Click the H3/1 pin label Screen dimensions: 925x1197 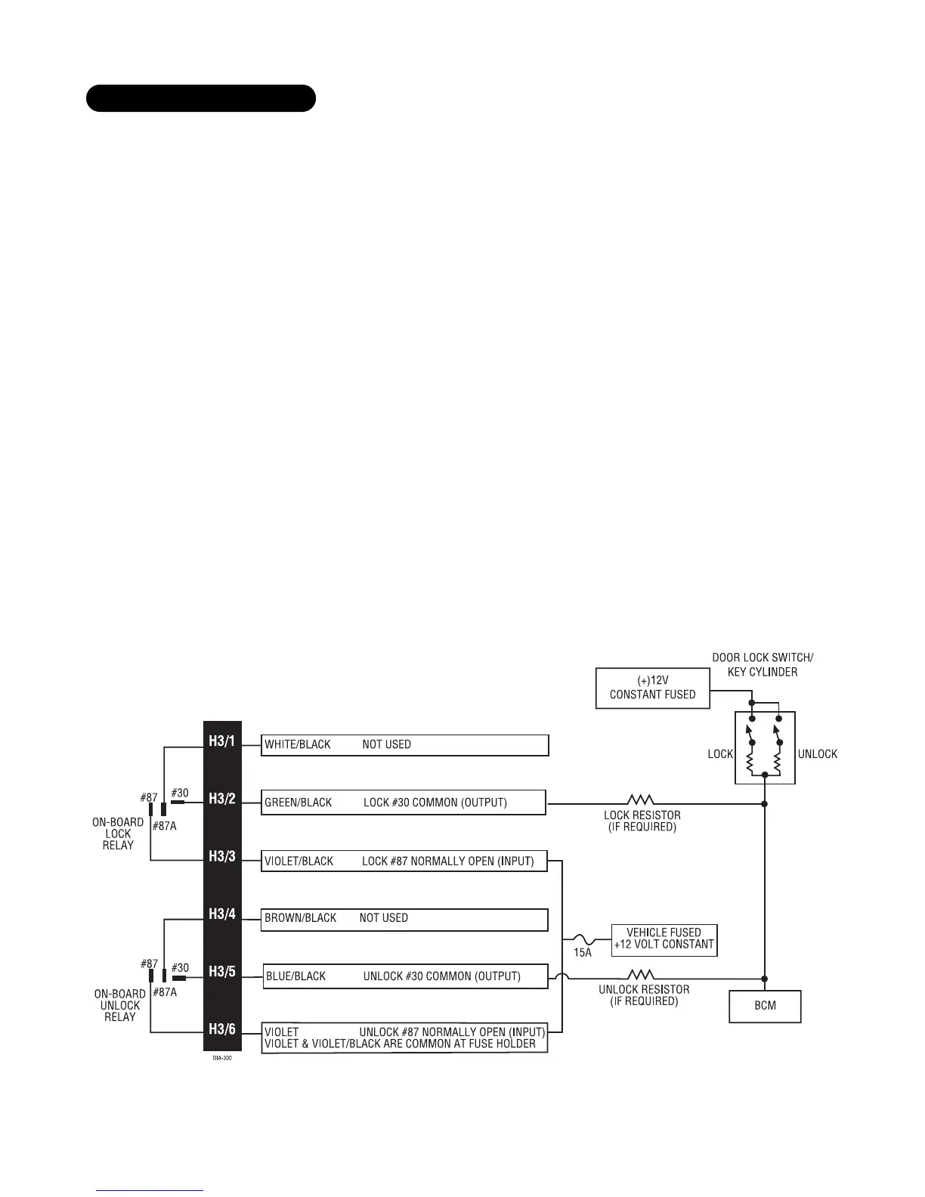click(222, 741)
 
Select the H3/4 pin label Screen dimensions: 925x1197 click(222, 914)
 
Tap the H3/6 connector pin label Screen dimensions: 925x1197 click(222, 1029)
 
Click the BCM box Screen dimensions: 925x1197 click(765, 1006)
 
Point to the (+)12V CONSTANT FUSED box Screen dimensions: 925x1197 click(653, 688)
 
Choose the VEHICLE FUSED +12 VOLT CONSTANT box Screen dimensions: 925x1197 click(664, 939)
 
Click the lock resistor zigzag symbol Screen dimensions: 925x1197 click(641, 800)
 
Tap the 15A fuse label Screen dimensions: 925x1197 click(583, 953)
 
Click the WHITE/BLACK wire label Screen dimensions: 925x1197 click(298, 745)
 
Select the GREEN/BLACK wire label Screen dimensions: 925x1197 click(299, 803)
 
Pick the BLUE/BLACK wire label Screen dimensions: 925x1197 click(296, 976)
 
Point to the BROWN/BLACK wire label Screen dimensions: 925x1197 click(301, 918)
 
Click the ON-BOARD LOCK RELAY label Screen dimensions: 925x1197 click(118, 834)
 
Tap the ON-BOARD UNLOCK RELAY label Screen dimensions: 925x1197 click(119, 1006)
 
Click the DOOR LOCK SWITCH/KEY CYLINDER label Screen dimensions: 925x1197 click(763, 664)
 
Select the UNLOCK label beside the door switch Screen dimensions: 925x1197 click(818, 754)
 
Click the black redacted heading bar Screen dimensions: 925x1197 click(200, 98)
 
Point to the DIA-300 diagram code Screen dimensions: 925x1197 click(222, 1059)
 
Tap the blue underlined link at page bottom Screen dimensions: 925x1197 click(150, 1191)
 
